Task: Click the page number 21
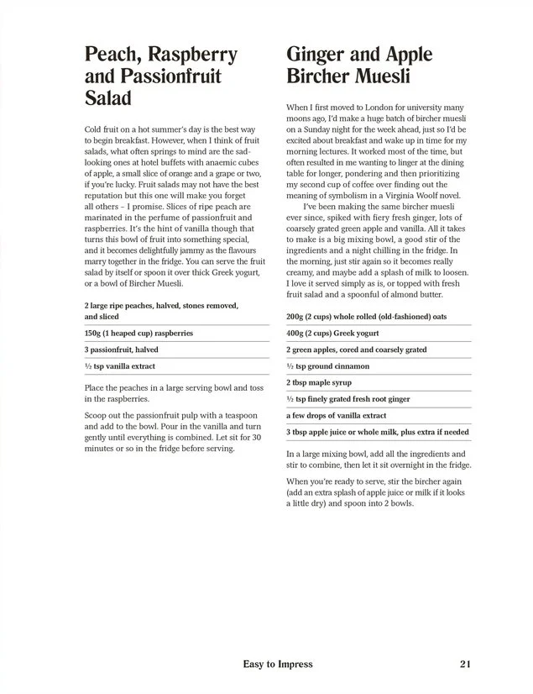(468, 664)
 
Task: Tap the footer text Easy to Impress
(278, 664)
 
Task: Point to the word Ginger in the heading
(316, 55)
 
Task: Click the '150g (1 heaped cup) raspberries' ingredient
(138, 333)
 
